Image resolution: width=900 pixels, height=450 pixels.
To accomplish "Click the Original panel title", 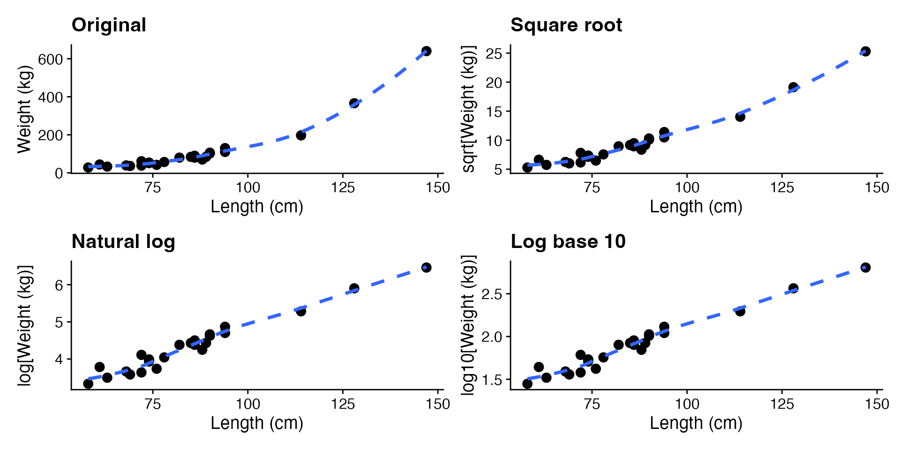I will (x=109, y=25).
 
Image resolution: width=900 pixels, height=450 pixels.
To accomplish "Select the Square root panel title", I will (x=566, y=25).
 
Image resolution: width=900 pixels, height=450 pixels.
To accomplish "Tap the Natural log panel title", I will (x=123, y=242).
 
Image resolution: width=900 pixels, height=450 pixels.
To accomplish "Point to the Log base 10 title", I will (x=568, y=242).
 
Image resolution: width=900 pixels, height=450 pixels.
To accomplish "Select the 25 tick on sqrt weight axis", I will (x=494, y=54).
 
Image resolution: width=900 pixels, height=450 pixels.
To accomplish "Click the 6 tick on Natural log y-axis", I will (x=59, y=285).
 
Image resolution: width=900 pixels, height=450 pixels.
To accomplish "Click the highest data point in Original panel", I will (x=426, y=51).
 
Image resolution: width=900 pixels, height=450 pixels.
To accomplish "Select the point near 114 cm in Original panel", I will (x=301, y=135).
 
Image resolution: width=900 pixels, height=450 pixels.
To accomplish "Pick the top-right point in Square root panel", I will (x=866, y=52).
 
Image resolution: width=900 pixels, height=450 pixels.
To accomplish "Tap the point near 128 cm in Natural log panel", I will (x=354, y=288).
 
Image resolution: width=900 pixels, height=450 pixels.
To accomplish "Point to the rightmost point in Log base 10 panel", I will (x=866, y=268).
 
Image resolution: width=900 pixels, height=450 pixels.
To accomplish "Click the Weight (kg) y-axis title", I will (x=24, y=109).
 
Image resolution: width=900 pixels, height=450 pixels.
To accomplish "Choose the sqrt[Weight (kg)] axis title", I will (x=469, y=109).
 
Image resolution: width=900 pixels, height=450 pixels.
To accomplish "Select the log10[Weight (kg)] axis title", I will (x=469, y=325).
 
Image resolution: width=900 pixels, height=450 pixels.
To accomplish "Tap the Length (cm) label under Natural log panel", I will (x=257, y=423).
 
